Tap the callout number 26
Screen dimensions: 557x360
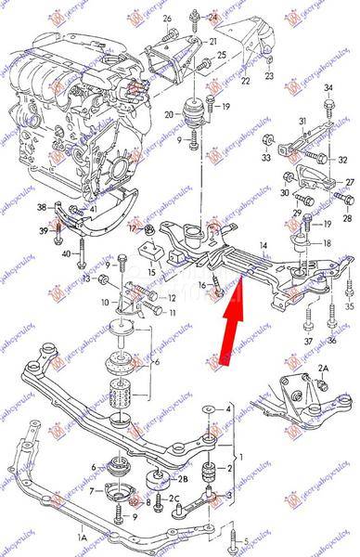[x=167, y=19]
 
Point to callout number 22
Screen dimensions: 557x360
[x=246, y=82]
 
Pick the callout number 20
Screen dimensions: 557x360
[x=169, y=115]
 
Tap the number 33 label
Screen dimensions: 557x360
[x=265, y=158]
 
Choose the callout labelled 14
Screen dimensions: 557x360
[x=263, y=244]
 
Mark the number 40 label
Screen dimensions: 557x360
[x=64, y=254]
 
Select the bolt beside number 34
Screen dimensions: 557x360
[x=328, y=110]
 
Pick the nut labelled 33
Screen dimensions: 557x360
[x=268, y=141]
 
